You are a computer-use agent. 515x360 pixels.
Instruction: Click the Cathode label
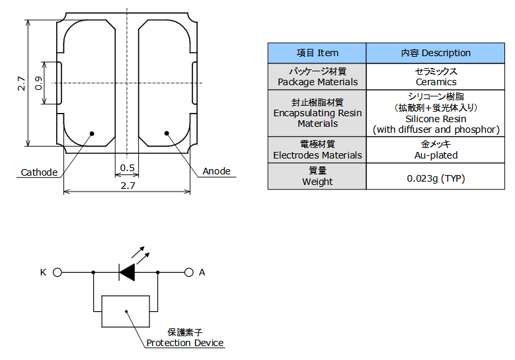pyautogui.click(x=39, y=172)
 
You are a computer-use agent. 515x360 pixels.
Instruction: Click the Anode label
pyautogui.click(x=216, y=171)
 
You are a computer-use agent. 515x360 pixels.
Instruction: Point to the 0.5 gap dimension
pyautogui.click(x=128, y=168)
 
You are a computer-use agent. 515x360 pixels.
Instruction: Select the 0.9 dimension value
pyautogui.click(x=38, y=83)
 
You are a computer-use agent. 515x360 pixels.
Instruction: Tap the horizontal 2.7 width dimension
pyautogui.click(x=128, y=186)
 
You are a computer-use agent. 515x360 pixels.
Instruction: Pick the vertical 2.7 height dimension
pyautogui.click(x=21, y=83)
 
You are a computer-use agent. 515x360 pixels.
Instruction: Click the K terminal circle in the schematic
pyautogui.click(x=58, y=272)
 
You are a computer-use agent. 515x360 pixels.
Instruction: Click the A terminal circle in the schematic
pyautogui.click(x=189, y=272)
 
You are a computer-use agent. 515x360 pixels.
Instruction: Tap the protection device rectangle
pyautogui.click(x=126, y=311)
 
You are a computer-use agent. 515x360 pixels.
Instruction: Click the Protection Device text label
pyautogui.click(x=185, y=343)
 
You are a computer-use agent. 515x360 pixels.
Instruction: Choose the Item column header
pyautogui.click(x=317, y=53)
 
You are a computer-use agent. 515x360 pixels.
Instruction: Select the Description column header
pyautogui.click(x=436, y=53)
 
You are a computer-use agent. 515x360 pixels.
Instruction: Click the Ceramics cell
pyautogui.click(x=436, y=77)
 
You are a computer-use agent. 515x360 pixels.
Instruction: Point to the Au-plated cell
pyautogui.click(x=436, y=150)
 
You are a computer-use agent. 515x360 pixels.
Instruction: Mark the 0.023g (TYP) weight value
pyautogui.click(x=436, y=178)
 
